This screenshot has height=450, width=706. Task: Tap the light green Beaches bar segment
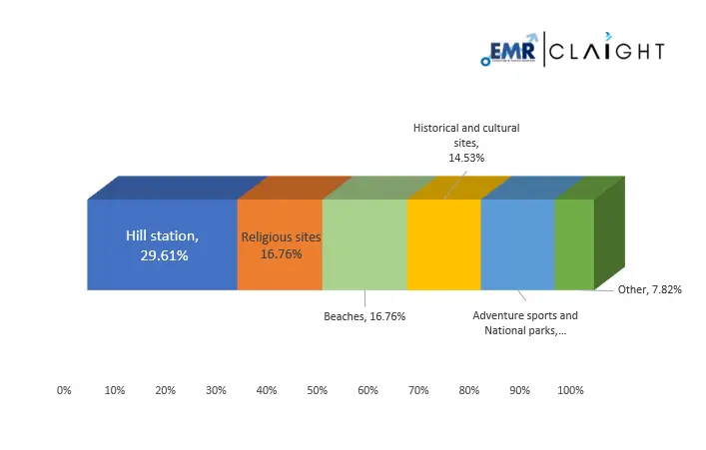(364, 244)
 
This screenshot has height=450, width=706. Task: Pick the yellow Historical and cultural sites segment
(443, 244)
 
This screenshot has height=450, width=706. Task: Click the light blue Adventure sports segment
(517, 244)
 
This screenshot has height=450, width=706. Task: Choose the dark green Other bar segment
(574, 244)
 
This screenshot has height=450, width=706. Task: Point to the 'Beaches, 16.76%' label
(364, 316)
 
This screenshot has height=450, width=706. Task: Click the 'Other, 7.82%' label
(649, 289)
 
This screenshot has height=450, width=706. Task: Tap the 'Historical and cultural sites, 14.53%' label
(466, 143)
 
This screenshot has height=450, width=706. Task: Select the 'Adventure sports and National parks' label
(524, 322)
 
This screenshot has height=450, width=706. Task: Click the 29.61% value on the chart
(164, 255)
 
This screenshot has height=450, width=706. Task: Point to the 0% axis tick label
(64, 390)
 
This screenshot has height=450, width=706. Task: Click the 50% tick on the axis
(317, 390)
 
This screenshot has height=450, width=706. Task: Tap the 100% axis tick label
(570, 390)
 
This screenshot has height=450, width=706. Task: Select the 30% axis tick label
(216, 390)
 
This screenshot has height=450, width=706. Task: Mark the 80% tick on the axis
(468, 390)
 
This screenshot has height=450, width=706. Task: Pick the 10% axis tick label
(115, 390)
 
